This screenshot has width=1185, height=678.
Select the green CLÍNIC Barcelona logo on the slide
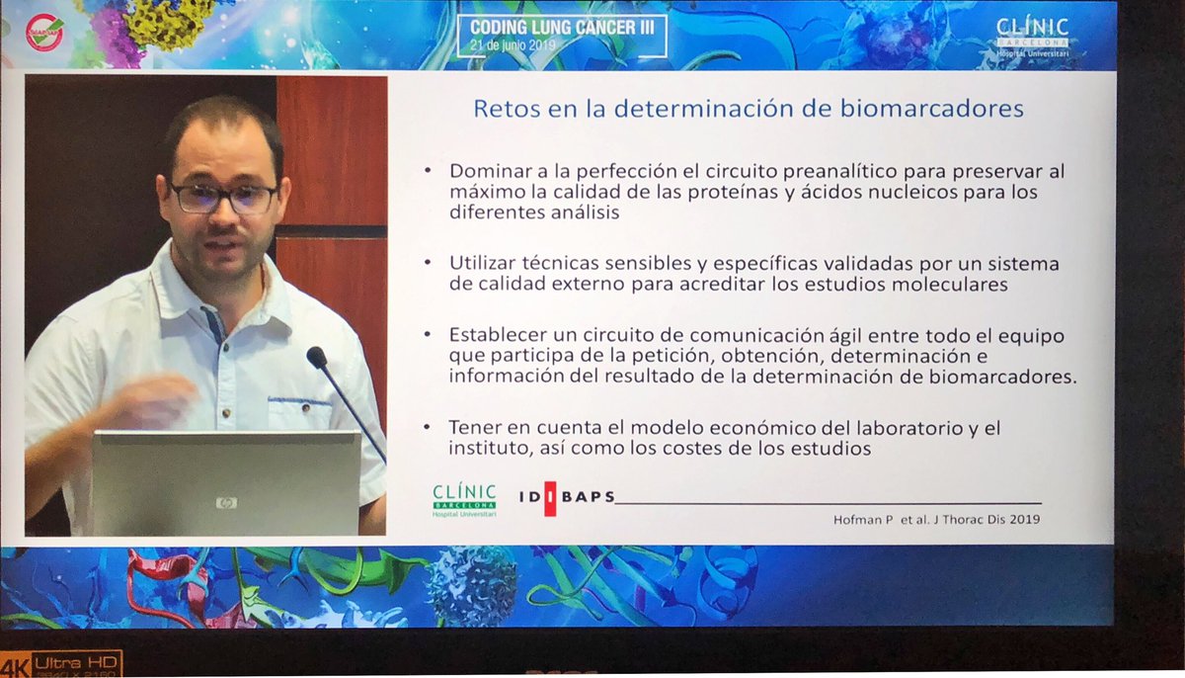[x=464, y=499]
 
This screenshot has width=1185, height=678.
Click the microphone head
[x=316, y=357]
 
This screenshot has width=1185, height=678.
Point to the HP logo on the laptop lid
[x=226, y=502]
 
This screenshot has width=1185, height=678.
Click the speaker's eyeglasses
[x=223, y=198]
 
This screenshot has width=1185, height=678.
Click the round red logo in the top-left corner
[x=45, y=33]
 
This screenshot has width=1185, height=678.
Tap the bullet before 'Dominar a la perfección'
[x=428, y=170]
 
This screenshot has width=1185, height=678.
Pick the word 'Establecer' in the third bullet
[x=494, y=336]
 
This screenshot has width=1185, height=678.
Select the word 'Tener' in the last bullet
[x=471, y=428]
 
